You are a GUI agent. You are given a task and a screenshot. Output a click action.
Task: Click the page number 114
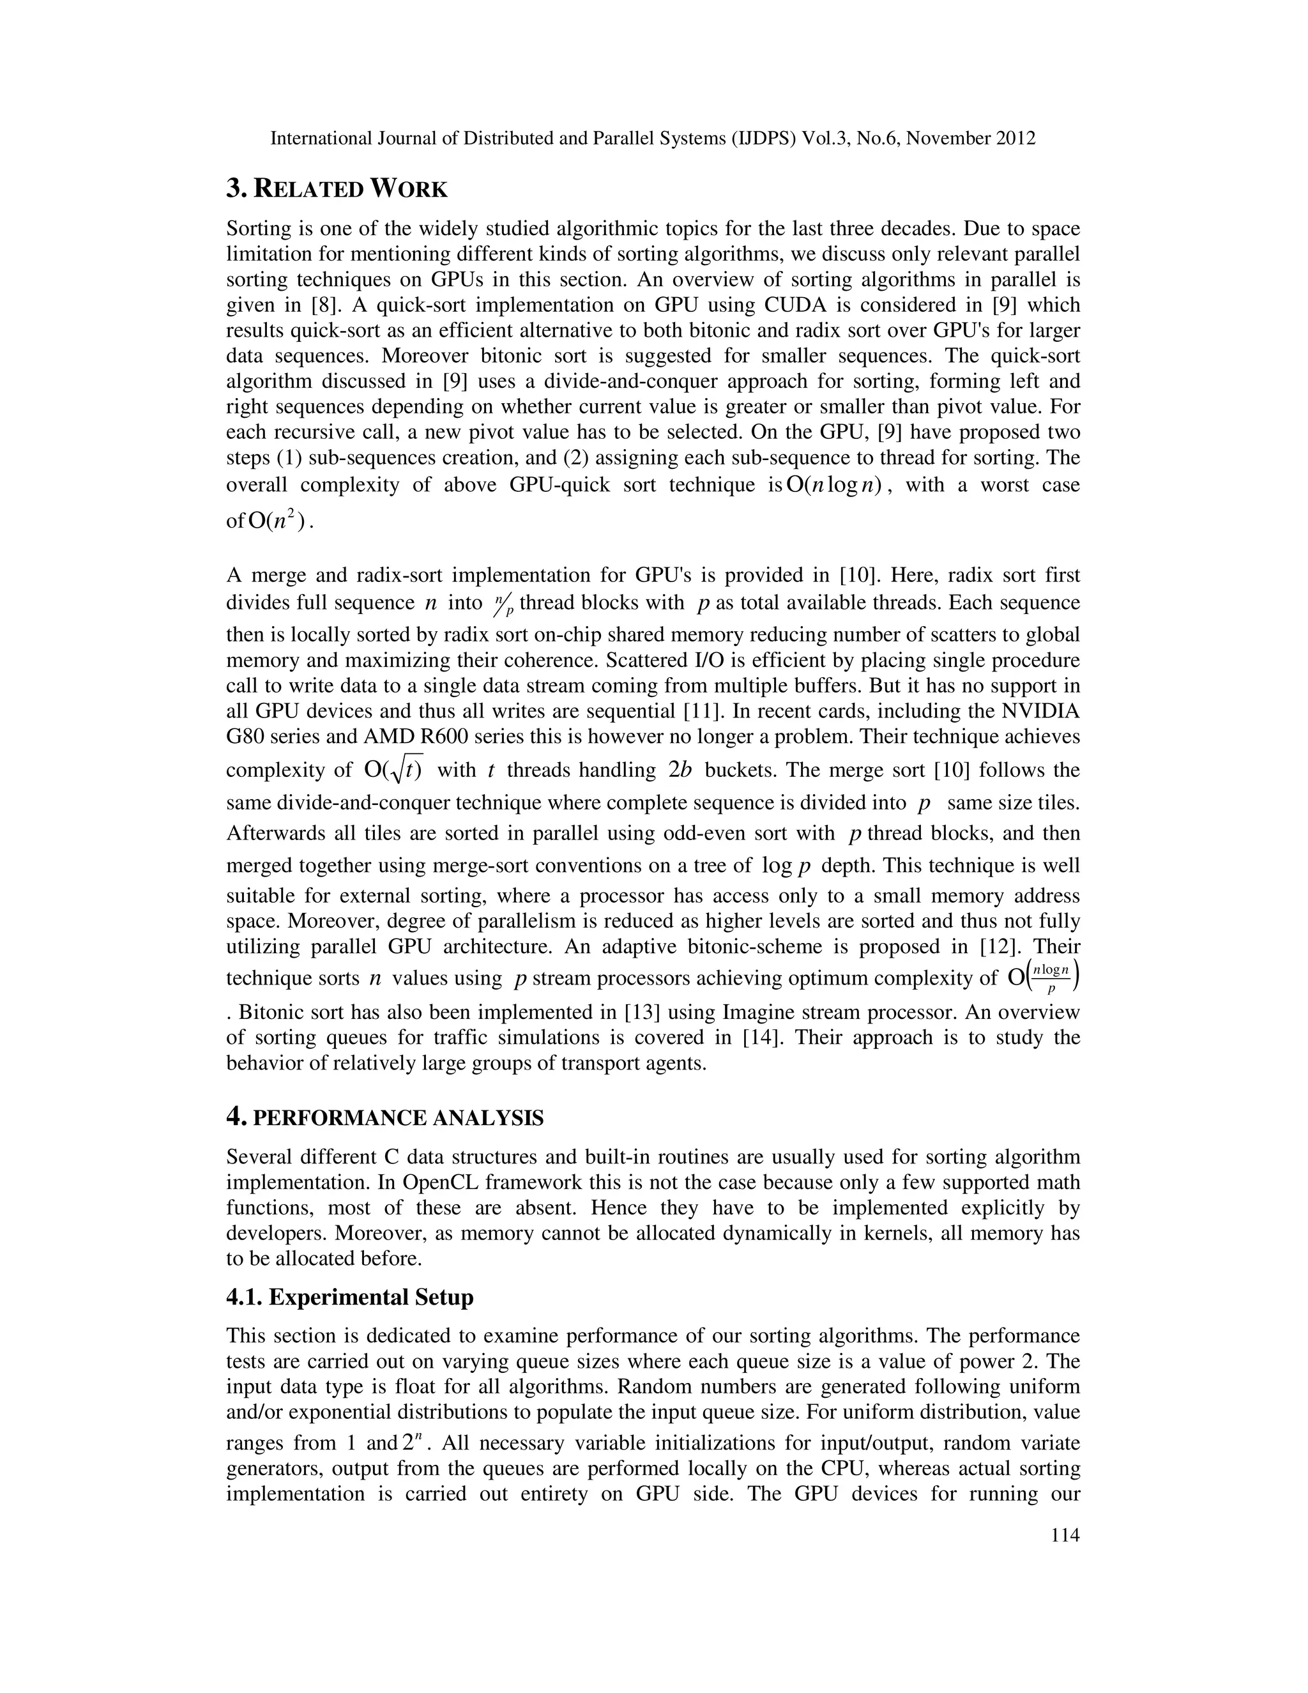[1065, 1535]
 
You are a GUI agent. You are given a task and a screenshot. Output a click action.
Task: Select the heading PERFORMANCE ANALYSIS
[399, 1118]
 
